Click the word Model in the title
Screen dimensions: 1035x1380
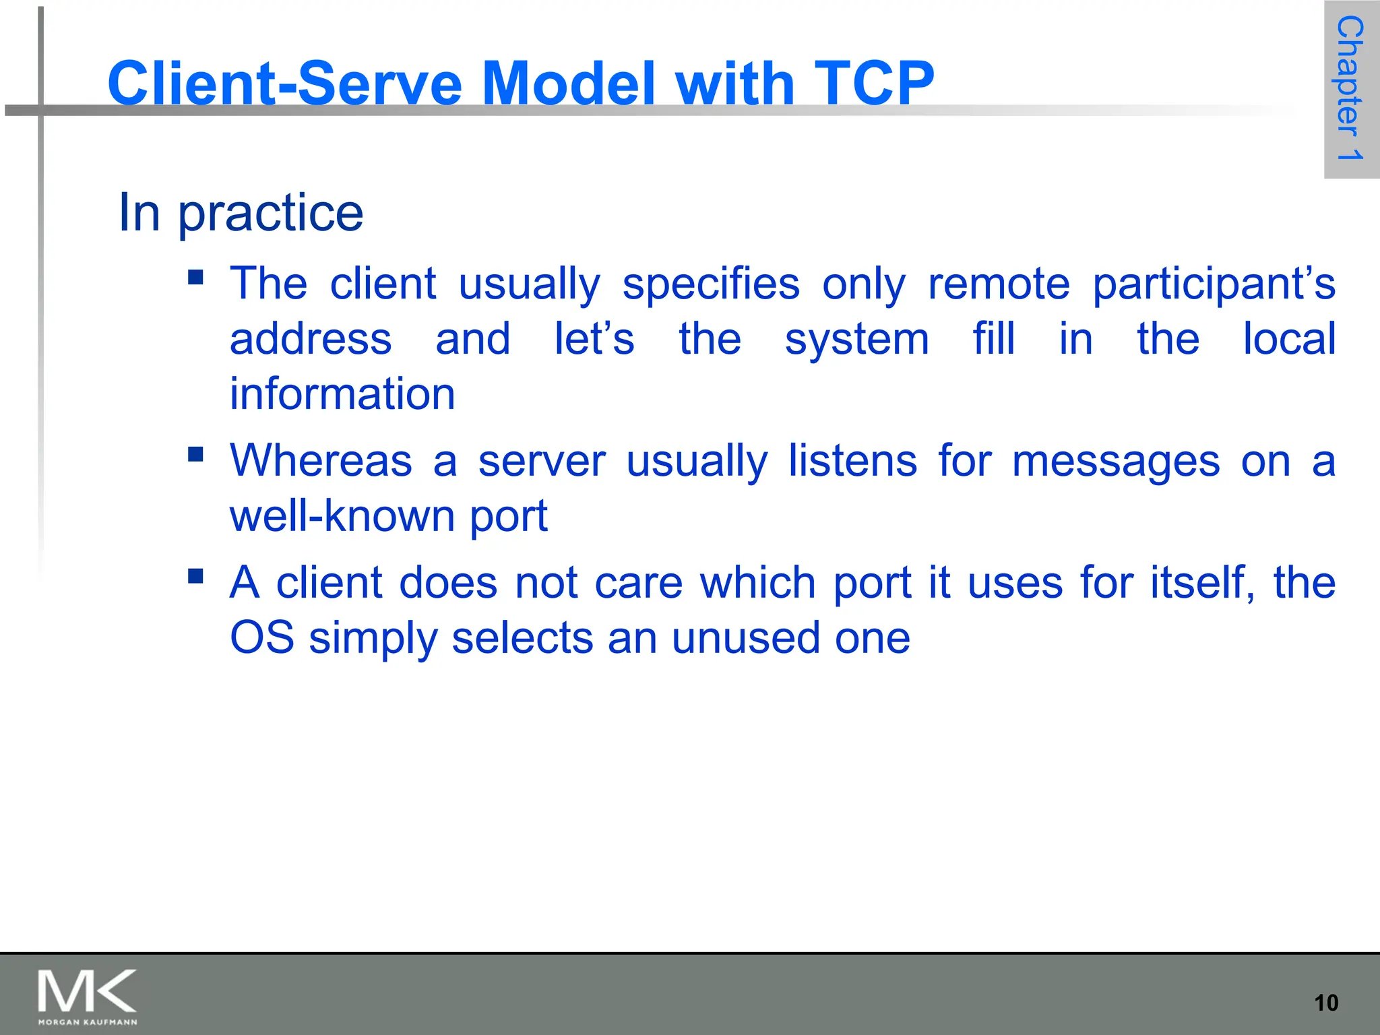[x=569, y=84]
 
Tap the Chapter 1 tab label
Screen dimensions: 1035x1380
[x=1350, y=88]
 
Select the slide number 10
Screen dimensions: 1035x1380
[x=1326, y=1003]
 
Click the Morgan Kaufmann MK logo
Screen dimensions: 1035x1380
[x=88, y=996]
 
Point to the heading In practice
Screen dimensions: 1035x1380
[x=241, y=213]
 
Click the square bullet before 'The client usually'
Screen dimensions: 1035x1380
[x=196, y=278]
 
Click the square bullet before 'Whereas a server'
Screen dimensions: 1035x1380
[x=196, y=455]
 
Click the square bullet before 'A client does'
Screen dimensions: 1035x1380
[x=196, y=576]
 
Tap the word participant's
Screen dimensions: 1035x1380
[x=1214, y=284]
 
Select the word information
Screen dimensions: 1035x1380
[x=342, y=394]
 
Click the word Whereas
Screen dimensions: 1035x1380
[x=321, y=462]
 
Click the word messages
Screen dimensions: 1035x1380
[x=1115, y=463]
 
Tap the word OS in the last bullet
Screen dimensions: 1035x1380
[x=261, y=637]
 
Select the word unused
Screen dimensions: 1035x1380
[x=745, y=637]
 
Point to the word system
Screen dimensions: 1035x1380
[x=856, y=340]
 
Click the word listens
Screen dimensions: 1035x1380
[x=852, y=462]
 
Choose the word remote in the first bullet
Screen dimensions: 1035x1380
[x=999, y=284]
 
